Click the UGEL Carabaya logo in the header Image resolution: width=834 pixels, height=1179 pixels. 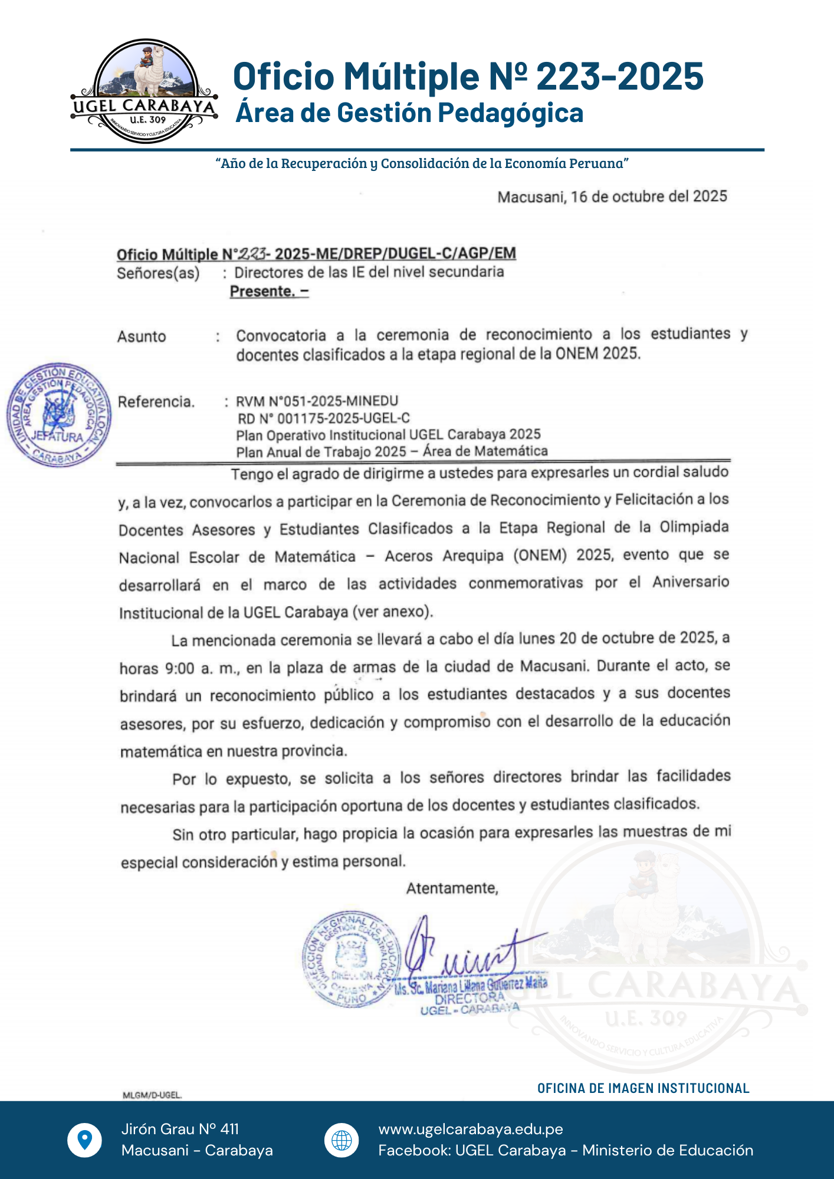tap(145, 91)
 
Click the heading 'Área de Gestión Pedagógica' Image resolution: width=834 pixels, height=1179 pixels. tap(409, 113)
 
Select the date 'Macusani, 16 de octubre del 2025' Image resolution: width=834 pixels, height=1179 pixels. tap(612, 197)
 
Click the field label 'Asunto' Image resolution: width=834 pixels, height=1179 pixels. tap(142, 337)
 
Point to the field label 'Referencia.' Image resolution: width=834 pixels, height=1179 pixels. tap(156, 402)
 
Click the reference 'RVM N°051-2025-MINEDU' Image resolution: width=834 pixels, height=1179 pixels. tap(317, 401)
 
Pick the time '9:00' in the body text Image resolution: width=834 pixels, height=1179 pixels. tap(179, 668)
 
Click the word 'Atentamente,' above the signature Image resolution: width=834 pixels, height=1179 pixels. tap(452, 888)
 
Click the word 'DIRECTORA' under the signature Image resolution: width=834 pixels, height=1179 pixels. tap(469, 998)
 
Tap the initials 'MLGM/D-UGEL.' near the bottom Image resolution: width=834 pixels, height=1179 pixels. tap(152, 1095)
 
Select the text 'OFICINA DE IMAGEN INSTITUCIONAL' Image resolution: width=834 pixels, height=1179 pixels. tap(643, 1088)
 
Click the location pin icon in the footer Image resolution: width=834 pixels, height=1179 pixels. tap(85, 1140)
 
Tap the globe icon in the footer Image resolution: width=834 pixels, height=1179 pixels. tap(342, 1140)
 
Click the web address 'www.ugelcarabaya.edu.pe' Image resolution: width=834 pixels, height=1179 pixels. tap(471, 1129)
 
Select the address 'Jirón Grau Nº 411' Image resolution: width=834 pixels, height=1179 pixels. tap(180, 1129)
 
